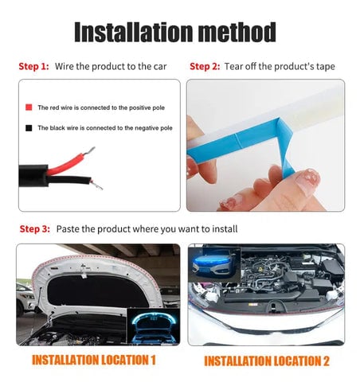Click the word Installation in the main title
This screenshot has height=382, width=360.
point(134,32)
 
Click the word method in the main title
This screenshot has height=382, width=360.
point(237,32)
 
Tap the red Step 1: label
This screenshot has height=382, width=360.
point(33,66)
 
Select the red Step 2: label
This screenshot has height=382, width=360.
point(205,66)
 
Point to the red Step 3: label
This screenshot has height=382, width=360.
point(35,228)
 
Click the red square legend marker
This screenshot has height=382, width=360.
point(29,107)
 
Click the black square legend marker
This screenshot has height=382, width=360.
point(29,128)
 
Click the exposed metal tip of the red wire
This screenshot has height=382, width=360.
point(89,151)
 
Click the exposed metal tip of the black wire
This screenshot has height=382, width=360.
point(96,185)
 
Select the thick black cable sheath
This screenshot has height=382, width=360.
point(33,176)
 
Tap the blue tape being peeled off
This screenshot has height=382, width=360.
point(239,141)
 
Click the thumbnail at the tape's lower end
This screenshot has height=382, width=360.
point(307,181)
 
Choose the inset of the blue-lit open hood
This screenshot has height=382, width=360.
point(153,327)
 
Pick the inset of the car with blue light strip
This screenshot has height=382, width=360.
point(214,265)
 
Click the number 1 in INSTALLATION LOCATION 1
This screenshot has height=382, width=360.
point(152,360)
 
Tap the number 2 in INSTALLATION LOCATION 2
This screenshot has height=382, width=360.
point(326,361)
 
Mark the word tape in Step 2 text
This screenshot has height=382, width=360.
point(326,67)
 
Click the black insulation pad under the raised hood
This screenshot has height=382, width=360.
point(97,290)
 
